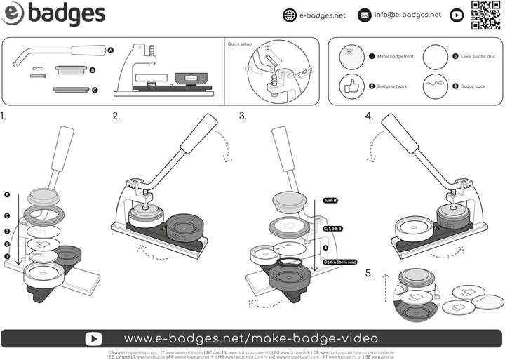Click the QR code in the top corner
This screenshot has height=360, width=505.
(x=485, y=15)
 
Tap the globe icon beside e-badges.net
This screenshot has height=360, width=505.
(x=290, y=15)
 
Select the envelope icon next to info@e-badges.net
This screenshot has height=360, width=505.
(x=365, y=15)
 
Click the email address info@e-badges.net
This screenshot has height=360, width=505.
(x=408, y=15)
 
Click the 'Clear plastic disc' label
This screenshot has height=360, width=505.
(x=478, y=55)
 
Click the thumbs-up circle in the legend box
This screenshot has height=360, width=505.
(x=351, y=86)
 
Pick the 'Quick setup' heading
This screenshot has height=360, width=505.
(x=239, y=44)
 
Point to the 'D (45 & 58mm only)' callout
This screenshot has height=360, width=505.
(x=339, y=262)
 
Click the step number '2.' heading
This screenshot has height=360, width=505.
(x=116, y=116)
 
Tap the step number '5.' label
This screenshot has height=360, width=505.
(x=369, y=272)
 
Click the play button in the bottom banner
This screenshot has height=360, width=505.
(x=93, y=338)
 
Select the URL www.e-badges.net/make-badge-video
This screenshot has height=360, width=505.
(x=251, y=338)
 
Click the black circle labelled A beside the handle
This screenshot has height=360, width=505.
(x=111, y=51)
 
